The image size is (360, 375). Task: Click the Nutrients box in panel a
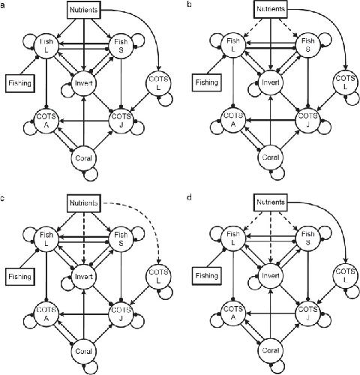[x=84, y=10]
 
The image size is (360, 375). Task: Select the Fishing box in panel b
[x=207, y=82]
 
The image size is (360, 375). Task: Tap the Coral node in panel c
[x=83, y=351]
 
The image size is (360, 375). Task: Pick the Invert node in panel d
[x=271, y=275]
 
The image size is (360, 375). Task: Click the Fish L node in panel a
[x=46, y=46]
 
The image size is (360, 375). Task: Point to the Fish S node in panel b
[x=307, y=45]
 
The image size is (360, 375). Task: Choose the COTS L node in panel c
[x=158, y=276]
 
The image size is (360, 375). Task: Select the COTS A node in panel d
[x=233, y=313]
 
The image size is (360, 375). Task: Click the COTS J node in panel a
[x=121, y=121]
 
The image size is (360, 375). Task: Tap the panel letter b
[x=190, y=4]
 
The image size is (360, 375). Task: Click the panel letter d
[x=190, y=197]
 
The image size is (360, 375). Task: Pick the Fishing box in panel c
[x=19, y=277]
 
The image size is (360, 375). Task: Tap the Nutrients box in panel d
[x=271, y=202]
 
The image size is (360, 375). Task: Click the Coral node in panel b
[x=271, y=157]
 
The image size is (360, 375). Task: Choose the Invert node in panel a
[x=83, y=83]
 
